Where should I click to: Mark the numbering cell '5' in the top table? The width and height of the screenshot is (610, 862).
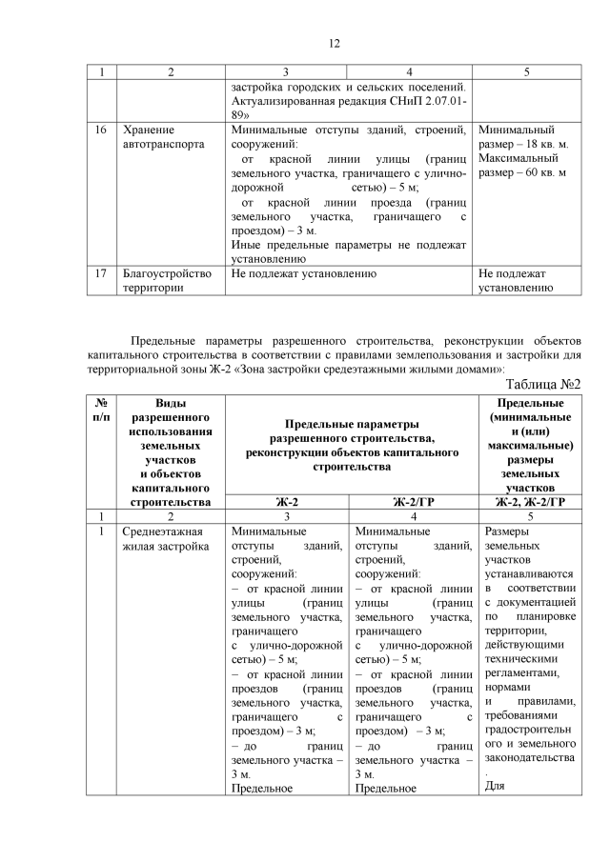526,72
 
